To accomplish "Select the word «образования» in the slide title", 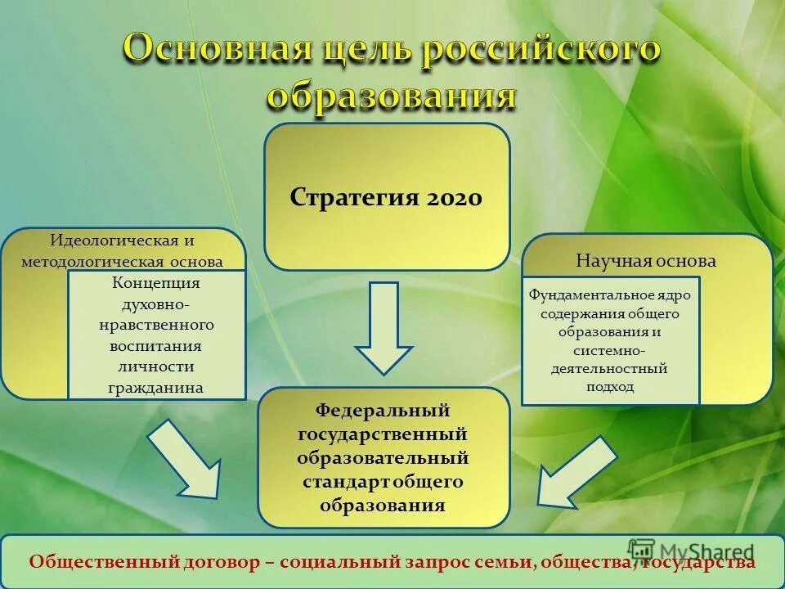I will point(392,96).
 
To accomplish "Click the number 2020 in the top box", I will point(454,198).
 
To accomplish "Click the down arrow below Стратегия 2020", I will point(384,327).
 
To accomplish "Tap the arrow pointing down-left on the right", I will point(576,472).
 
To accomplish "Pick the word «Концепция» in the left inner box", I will point(155,283).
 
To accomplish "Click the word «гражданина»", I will point(155,388).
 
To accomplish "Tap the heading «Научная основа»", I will point(646,261).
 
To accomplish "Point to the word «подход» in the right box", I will point(610,387).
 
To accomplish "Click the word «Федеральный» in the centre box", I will point(383,409).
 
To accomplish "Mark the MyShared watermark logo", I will point(692,551).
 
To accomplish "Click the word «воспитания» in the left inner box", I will point(155,346).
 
